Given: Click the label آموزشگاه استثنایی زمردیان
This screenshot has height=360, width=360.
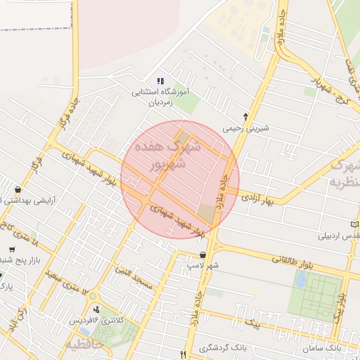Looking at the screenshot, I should coord(160,96).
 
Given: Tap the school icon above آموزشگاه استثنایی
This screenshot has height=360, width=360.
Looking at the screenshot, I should coord(160,81).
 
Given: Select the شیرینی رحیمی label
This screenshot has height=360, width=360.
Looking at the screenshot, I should coord(245,129).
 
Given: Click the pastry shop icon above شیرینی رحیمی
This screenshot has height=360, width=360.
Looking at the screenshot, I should coord(245,116).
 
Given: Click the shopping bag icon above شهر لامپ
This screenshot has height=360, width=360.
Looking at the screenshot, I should coord(203,255).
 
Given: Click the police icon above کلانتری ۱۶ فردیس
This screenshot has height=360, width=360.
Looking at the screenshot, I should coord(96,309).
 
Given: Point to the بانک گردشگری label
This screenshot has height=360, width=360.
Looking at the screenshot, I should coord(223,348).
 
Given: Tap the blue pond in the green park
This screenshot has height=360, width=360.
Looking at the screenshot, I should coord(301,280).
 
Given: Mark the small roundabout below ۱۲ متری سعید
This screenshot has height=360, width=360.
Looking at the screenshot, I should coord(92,296).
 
